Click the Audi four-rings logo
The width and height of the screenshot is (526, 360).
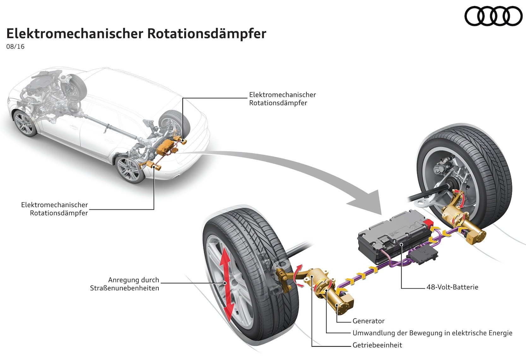pos(493,16)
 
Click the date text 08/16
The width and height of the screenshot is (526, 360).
pos(15,47)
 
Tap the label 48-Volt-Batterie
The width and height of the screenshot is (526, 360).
pos(452,287)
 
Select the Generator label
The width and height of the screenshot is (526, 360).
pos(368,321)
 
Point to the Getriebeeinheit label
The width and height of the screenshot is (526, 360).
pos(377,345)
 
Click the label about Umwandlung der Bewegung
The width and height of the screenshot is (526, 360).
pos(432,333)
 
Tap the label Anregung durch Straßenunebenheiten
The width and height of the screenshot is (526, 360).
pos(125,284)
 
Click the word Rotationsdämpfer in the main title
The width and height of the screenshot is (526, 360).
pos(207,34)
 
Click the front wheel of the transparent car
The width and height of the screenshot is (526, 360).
pos(25,123)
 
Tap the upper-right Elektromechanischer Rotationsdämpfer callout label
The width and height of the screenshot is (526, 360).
pos(282,99)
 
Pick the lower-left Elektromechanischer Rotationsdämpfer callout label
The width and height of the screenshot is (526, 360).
pos(55,209)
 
